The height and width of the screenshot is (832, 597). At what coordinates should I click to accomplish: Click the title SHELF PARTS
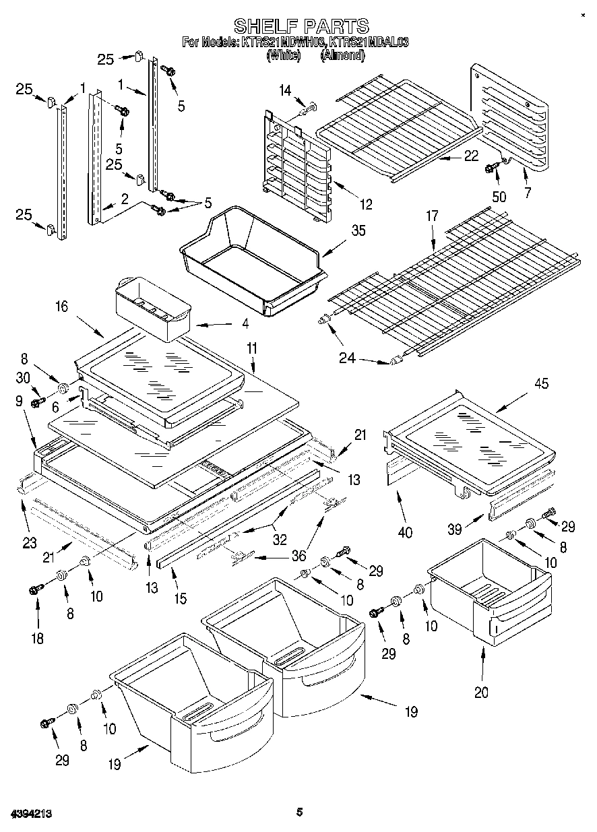(301, 26)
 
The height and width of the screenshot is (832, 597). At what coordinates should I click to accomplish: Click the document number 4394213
(32, 814)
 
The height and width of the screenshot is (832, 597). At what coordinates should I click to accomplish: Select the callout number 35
(358, 231)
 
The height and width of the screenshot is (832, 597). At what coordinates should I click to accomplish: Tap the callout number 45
(540, 384)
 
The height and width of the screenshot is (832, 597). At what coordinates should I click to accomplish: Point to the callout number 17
(431, 216)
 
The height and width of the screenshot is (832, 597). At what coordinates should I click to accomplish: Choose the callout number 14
(286, 90)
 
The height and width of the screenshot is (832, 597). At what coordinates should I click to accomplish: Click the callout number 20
(481, 692)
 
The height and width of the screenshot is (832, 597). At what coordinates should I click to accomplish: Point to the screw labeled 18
(35, 590)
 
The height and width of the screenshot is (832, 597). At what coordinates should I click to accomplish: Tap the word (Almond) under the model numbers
(343, 55)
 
